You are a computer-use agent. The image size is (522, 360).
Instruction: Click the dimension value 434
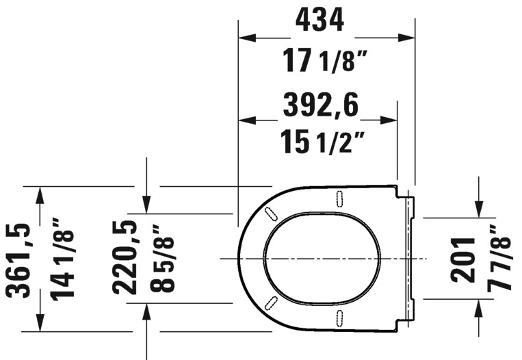[319, 21]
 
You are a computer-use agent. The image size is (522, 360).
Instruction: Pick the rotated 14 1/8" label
[63, 259]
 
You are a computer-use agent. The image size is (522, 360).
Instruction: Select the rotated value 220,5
[126, 257]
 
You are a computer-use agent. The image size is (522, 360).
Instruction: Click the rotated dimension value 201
[462, 259]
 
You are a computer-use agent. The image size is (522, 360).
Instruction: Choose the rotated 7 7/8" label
[501, 259]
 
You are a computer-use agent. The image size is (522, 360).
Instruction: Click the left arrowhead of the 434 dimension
[246, 38]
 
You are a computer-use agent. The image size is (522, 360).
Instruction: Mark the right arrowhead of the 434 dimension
[407, 38]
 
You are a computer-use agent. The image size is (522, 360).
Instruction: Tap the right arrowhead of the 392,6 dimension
[389, 120]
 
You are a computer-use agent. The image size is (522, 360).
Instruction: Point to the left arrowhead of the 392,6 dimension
[246, 120]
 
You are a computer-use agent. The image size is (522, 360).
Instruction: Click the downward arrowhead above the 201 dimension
[479, 209]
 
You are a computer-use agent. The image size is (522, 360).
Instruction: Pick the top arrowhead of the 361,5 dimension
[40, 194]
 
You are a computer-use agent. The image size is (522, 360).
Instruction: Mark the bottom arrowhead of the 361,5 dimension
[40, 323]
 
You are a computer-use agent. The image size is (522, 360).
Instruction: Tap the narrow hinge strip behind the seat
[410, 259]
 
